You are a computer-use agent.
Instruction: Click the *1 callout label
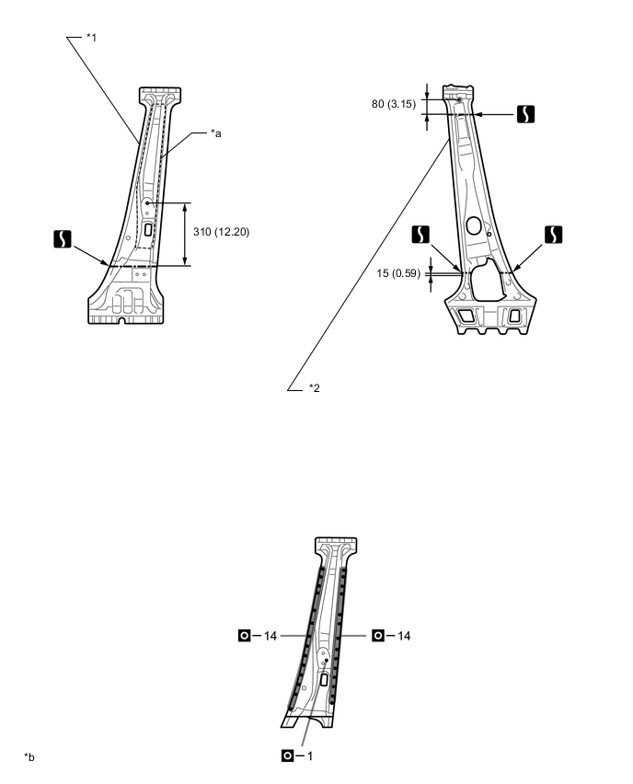91,38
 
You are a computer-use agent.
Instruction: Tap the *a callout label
215,133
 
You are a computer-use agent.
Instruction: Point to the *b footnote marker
29,756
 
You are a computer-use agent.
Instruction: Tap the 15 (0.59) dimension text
397,272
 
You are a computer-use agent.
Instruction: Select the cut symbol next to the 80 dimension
524,115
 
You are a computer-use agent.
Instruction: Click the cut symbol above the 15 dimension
419,234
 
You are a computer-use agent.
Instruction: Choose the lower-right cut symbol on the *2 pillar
553,234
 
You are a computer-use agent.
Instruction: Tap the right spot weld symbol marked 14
378,635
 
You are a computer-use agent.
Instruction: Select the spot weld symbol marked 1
288,755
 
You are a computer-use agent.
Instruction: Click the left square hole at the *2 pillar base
466,316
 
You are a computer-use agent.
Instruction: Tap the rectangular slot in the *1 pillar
147,230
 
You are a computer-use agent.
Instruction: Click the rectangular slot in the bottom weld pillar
323,679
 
